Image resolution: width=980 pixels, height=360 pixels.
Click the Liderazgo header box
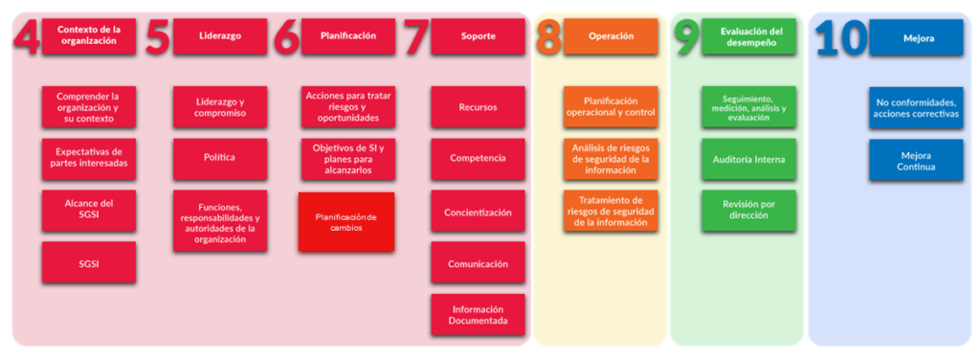219,35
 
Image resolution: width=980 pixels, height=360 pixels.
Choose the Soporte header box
478,36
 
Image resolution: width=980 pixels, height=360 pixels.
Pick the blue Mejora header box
915,38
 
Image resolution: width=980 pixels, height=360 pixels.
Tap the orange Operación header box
610,36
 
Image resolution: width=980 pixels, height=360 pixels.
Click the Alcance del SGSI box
89,210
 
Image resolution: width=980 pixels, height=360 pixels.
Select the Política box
219,158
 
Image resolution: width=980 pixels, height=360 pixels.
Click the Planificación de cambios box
346,222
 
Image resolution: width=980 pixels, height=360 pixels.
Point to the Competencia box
478,158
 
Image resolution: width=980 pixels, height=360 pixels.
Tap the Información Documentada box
478,315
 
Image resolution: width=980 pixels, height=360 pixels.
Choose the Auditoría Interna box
748,159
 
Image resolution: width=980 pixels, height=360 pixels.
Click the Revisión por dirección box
748,211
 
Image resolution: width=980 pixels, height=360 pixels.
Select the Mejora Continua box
916,160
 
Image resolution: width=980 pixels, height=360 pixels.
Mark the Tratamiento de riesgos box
610,211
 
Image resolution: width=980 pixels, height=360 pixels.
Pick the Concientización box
478,212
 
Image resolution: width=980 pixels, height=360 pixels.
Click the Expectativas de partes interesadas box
89,158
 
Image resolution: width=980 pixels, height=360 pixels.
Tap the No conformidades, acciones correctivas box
916,107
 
